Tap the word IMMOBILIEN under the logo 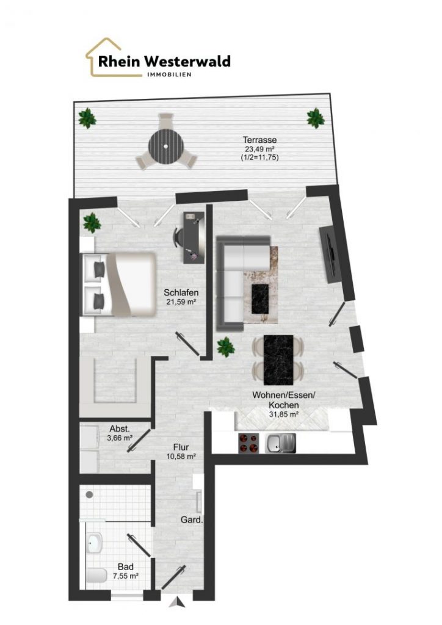pyautogui.click(x=169, y=74)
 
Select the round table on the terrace pyautogui.click(x=166, y=146)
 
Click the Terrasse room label pyautogui.click(x=260, y=140)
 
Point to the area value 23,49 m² pyautogui.click(x=260, y=149)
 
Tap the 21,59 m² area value pyautogui.click(x=181, y=302)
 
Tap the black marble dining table pyautogui.click(x=278, y=359)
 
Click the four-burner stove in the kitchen pyautogui.click(x=248, y=443)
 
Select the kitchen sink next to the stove pyautogui.click(x=281, y=443)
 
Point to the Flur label pyautogui.click(x=181, y=447)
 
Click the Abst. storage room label pyautogui.click(x=120, y=429)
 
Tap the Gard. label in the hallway pyautogui.click(x=192, y=520)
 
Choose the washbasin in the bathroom pyautogui.click(x=93, y=543)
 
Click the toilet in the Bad pyautogui.click(x=96, y=575)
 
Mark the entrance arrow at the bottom pyautogui.click(x=176, y=602)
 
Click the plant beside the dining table pyautogui.click(x=226, y=347)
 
